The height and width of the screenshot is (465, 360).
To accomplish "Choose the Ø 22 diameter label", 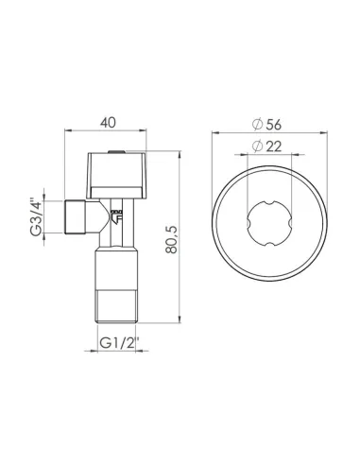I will coord(268,146).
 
